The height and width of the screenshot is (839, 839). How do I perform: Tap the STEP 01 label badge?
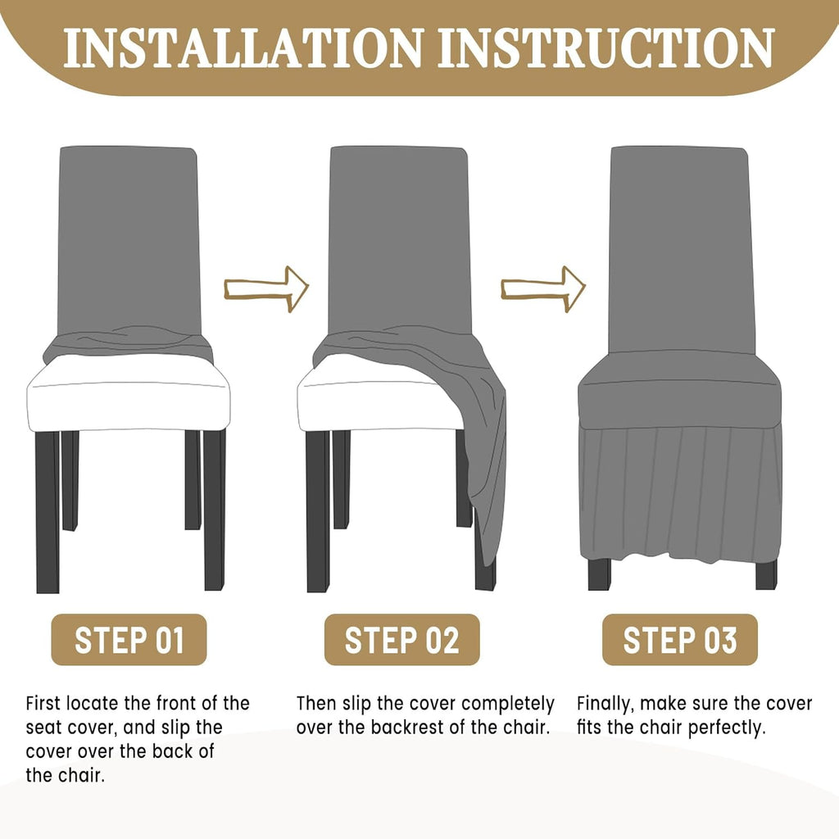pyautogui.click(x=129, y=640)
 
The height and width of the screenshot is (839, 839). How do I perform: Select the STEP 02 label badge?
pyautogui.click(x=401, y=640)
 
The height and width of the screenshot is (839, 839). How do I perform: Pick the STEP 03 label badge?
pyautogui.click(x=680, y=640)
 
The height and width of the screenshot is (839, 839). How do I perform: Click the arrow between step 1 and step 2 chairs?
pyautogui.click(x=266, y=289)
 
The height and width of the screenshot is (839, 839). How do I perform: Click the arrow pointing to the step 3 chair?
pyautogui.click(x=543, y=289)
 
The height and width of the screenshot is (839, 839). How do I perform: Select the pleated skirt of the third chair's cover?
pyautogui.click(x=681, y=492)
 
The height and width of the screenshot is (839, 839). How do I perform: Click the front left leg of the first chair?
pyautogui.click(x=48, y=512)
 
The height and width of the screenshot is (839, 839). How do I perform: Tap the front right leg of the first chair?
pyautogui.click(x=215, y=510)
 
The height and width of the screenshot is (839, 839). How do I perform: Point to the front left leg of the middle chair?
pyautogui.click(x=318, y=511)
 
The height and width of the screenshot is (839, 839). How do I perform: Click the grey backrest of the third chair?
pyautogui.click(x=682, y=251)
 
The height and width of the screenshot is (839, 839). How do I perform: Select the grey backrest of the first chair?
pyautogui.click(x=129, y=241)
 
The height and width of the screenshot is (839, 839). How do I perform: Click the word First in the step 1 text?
pyautogui.click(x=44, y=703)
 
